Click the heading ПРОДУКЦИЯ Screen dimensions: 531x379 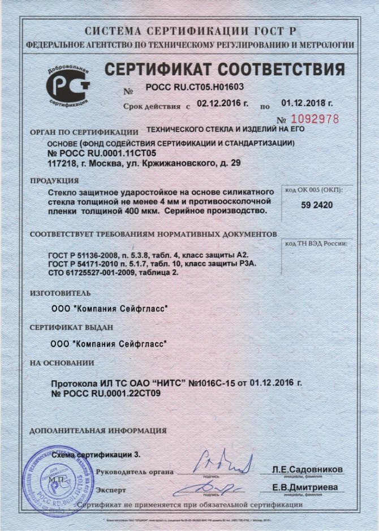(54, 181)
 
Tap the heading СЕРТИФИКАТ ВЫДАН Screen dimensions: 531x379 (71, 327)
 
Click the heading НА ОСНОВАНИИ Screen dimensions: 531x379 (62, 363)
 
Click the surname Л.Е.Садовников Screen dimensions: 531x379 (307, 469)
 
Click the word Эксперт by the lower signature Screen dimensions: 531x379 (111, 490)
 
